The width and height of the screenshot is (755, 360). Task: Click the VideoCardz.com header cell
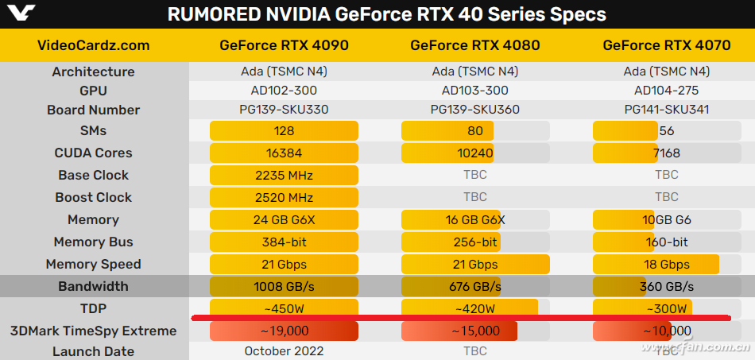(x=94, y=45)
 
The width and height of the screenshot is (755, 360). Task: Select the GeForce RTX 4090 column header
(x=284, y=45)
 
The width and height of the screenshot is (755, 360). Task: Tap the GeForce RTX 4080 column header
(x=475, y=45)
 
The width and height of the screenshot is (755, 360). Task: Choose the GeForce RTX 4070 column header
(x=666, y=45)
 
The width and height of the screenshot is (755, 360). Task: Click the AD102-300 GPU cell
(x=284, y=91)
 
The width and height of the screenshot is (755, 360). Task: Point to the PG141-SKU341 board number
(x=666, y=110)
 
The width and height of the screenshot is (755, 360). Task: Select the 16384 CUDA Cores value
(x=284, y=153)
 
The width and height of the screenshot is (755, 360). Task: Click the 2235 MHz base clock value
(x=284, y=175)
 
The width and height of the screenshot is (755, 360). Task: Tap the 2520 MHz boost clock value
(x=284, y=197)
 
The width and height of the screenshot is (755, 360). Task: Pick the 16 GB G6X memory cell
(x=475, y=219)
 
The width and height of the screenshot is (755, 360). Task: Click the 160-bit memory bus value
(x=666, y=242)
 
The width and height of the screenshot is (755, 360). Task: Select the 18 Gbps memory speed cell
(x=666, y=264)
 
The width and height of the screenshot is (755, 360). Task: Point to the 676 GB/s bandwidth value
(x=475, y=286)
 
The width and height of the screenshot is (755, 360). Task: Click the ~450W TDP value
(x=284, y=308)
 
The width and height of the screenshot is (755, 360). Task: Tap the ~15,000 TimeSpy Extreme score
(x=475, y=331)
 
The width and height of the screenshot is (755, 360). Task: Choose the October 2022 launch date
(x=284, y=351)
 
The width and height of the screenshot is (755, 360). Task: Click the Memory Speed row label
(x=94, y=264)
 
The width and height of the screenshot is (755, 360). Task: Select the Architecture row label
(x=94, y=72)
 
